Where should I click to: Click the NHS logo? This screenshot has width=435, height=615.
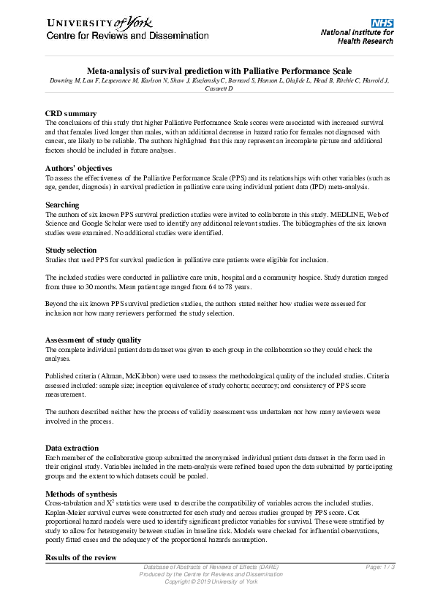[382, 23]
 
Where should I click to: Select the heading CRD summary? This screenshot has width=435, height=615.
[71, 114]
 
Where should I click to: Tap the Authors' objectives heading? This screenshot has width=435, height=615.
[79, 168]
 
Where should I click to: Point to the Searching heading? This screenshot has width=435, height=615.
[62, 205]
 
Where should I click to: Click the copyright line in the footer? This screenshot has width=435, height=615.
[211, 581]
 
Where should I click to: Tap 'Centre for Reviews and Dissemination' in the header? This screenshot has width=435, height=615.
[128, 36]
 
